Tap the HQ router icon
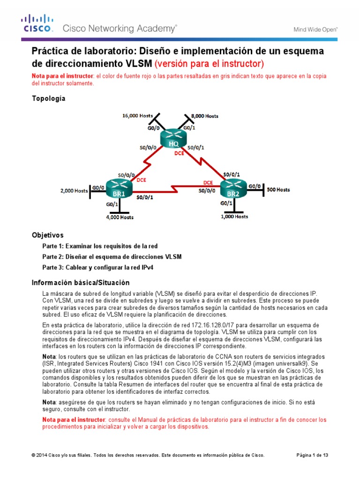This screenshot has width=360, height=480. coord(173,139)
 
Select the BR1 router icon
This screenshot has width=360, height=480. coord(119,190)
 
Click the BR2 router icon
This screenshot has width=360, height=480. coord(233,190)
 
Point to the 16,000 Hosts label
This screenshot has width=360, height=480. coord(137,115)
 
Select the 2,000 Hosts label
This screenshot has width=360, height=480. coord(74,191)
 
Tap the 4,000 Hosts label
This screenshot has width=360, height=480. coord(119,217)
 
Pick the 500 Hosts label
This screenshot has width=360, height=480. coord(278,190)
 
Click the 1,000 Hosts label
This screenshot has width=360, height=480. coord(234,217)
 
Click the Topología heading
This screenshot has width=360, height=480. coord(48,98)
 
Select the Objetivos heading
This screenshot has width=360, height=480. coord(47,235)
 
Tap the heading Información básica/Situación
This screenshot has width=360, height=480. coord(80,283)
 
